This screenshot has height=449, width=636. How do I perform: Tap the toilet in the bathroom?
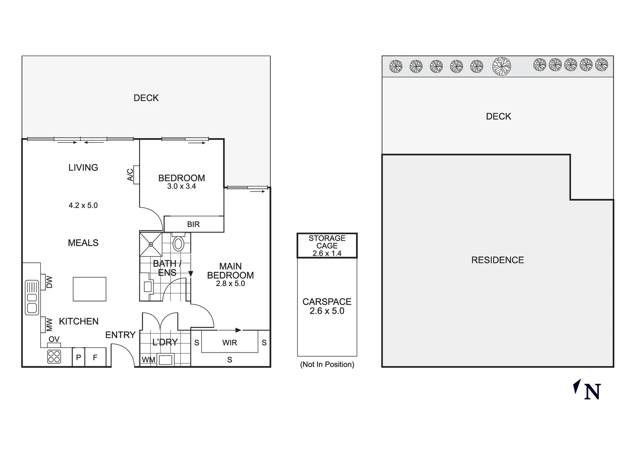(178, 243)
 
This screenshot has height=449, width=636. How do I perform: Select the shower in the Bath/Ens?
(150, 244)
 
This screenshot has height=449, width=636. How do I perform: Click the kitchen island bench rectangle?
(89, 289)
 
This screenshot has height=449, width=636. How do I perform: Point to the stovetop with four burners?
(54, 357)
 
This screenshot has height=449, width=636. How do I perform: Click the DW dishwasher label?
(49, 282)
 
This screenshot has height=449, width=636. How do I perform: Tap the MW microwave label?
(49, 324)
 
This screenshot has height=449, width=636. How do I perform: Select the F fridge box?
(95, 357)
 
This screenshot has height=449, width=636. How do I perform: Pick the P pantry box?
(79, 357)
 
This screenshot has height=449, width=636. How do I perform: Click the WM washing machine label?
(148, 360)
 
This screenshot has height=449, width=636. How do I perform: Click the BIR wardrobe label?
(193, 224)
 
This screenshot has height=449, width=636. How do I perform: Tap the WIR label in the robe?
(230, 343)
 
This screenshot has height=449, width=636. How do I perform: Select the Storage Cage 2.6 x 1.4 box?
(327, 246)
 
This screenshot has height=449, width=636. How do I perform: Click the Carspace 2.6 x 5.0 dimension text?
(327, 311)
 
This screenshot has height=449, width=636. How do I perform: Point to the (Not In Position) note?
(327, 364)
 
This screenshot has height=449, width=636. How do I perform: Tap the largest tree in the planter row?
(501, 66)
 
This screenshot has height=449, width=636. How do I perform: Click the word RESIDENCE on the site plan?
(497, 260)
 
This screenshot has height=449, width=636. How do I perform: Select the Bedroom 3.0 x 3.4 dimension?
(181, 186)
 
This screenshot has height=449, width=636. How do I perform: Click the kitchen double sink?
(32, 298)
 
